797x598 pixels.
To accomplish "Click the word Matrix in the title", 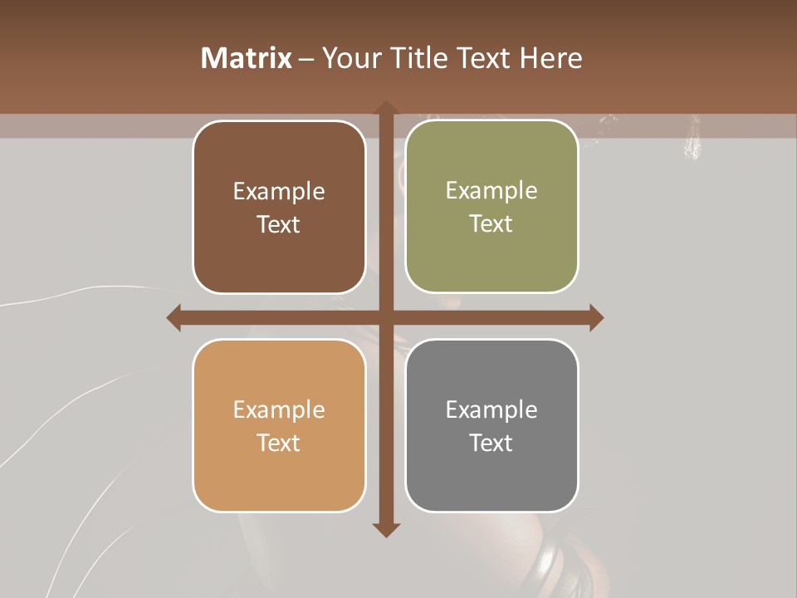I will point(247,58).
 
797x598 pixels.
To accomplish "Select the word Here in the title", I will point(551,58).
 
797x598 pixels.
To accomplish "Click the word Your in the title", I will point(347,58).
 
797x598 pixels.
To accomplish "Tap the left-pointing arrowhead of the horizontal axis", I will point(174,317).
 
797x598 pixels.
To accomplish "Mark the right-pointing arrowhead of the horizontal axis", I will point(596,317).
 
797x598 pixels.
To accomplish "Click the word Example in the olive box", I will point(491,191).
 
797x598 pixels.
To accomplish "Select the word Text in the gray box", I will point(491,443).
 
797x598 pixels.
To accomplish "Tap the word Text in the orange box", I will point(279,443).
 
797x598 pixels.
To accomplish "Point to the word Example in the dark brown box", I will point(279,192).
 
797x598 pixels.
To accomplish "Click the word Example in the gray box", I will point(491,409).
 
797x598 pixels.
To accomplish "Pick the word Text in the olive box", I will point(491,224).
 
